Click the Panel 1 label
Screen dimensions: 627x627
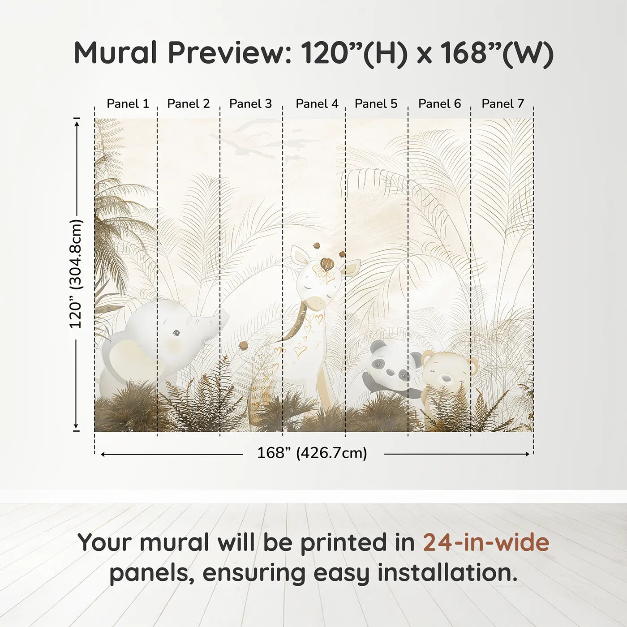(128, 104)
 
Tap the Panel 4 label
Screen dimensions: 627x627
(317, 104)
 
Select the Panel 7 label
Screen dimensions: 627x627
(502, 104)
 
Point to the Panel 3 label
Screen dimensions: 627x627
(250, 104)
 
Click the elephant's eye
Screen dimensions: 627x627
(176, 333)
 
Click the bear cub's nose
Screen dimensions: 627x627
(447, 378)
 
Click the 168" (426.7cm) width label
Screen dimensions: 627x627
(312, 453)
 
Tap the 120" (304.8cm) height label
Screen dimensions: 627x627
(76, 274)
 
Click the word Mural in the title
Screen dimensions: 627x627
(116, 53)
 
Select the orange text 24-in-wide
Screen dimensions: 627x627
(486, 542)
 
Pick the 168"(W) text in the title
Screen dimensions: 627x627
(497, 53)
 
